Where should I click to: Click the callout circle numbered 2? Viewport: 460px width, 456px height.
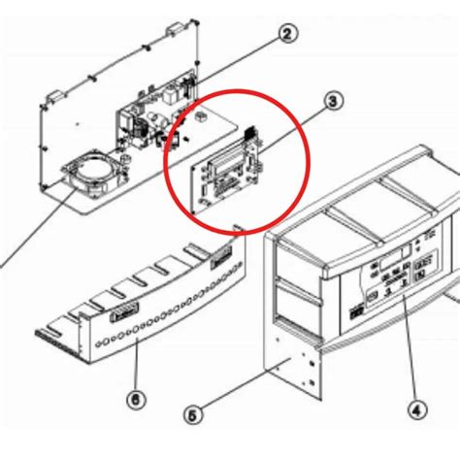coord(287,36)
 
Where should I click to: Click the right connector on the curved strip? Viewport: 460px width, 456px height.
coord(219,258)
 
